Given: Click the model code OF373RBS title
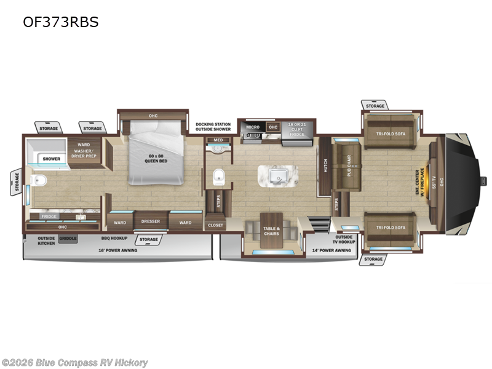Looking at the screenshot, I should (x=60, y=22).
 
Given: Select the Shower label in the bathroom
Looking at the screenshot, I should (x=52, y=159).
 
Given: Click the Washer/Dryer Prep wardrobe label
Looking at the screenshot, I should (x=84, y=151).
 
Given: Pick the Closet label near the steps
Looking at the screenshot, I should (x=215, y=225).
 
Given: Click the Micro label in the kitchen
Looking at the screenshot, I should (x=253, y=127).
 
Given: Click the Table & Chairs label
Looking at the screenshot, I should (x=271, y=231).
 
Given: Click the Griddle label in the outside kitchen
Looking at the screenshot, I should (x=68, y=237).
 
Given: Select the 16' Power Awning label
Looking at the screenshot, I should (x=119, y=250).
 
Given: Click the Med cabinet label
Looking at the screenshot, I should (x=218, y=140).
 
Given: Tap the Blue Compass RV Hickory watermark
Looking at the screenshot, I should (x=75, y=363).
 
